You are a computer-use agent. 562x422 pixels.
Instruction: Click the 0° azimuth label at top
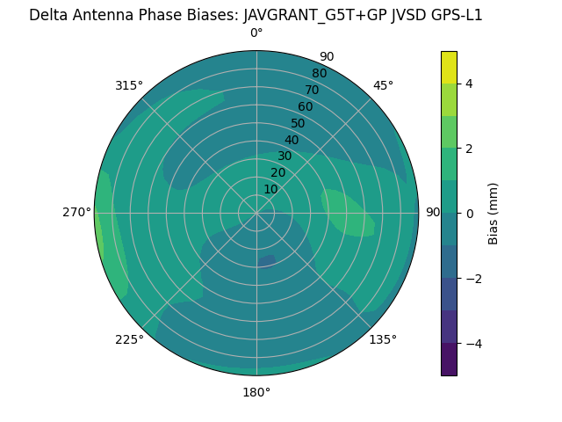point(256,33)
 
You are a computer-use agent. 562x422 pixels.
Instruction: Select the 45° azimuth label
point(383,85)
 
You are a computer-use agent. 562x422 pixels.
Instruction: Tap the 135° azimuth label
point(383,339)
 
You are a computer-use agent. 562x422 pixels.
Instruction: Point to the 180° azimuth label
point(256,392)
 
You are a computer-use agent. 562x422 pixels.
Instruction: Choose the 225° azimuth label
point(129,339)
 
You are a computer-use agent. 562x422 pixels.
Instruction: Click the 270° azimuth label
point(76,213)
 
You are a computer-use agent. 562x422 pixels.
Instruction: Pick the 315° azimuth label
point(129,85)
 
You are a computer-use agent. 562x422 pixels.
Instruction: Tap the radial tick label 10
point(270,189)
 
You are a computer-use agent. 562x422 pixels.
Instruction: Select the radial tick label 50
point(298,123)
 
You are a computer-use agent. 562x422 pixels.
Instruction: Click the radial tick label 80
point(319,73)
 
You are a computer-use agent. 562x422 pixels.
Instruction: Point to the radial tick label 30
point(285,156)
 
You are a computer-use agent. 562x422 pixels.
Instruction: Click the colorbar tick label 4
point(470,84)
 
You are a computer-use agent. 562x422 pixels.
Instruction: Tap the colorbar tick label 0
point(470,214)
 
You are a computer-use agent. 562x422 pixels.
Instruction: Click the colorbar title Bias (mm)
point(494,213)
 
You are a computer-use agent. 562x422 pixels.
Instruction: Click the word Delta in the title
point(48,15)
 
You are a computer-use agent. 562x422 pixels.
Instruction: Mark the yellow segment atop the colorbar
point(449,67)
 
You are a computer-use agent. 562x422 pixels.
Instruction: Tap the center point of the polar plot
point(256,213)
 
